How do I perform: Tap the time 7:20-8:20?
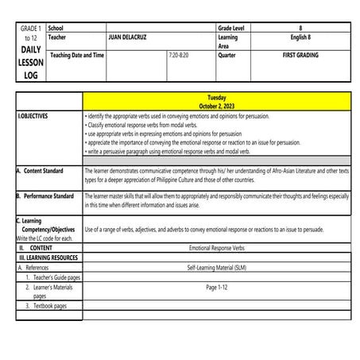[x=180, y=55]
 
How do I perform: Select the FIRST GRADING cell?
[x=299, y=55]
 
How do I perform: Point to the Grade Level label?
[x=232, y=28]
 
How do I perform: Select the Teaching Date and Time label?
[x=77, y=55]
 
